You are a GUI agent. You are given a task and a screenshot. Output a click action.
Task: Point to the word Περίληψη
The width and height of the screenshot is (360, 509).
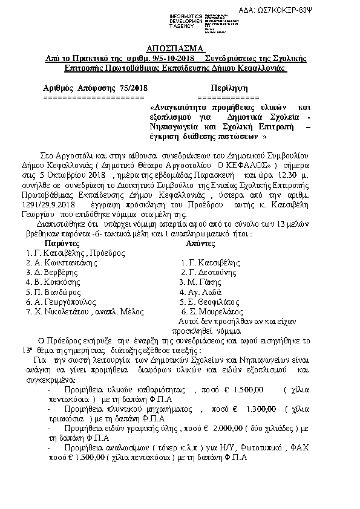tap(228, 87)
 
